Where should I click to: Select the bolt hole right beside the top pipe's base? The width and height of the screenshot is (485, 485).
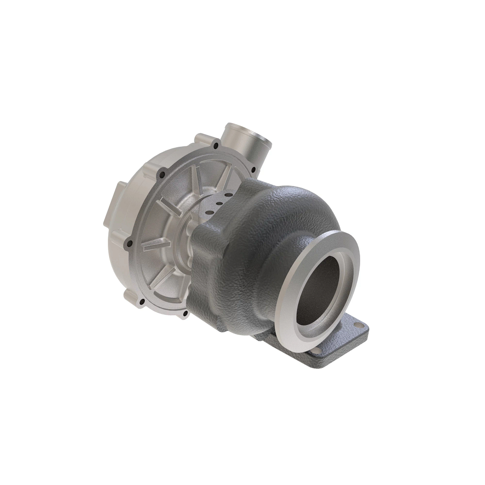coord(215,145)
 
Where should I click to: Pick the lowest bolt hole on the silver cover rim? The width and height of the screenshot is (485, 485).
coord(185,314)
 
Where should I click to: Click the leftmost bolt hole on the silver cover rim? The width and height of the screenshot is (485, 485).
coord(129,243)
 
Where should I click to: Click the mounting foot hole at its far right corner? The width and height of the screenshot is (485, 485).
coord(357,324)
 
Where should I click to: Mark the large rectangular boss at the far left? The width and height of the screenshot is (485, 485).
coord(112,202)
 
